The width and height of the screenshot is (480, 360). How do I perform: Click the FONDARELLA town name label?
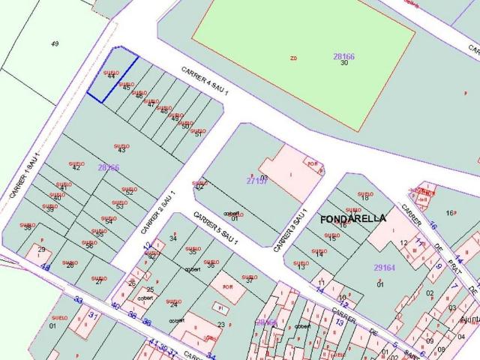coord(352,219)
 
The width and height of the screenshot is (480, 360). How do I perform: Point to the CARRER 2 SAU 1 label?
coord(157,211)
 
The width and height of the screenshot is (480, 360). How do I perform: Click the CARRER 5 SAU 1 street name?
coord(216,229)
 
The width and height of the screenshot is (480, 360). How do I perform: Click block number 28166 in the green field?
coord(343,56)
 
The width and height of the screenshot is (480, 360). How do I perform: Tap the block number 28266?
coord(108,167)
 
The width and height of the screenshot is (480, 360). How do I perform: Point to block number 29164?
coord(385,267)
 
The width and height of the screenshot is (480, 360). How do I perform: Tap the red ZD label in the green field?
coord(293,58)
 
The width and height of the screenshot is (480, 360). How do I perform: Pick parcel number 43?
coord(121,151)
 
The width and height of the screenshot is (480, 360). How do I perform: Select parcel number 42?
coord(76,168)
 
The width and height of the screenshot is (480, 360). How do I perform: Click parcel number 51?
coord(197,133)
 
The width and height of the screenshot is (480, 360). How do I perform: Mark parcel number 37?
coord(249,280)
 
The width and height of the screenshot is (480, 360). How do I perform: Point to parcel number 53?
coord(119,205)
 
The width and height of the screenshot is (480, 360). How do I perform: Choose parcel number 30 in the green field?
coord(344,63)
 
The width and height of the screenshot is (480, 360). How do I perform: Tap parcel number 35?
coord(193,252)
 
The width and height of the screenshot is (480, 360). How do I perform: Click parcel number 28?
coord(70,265)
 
